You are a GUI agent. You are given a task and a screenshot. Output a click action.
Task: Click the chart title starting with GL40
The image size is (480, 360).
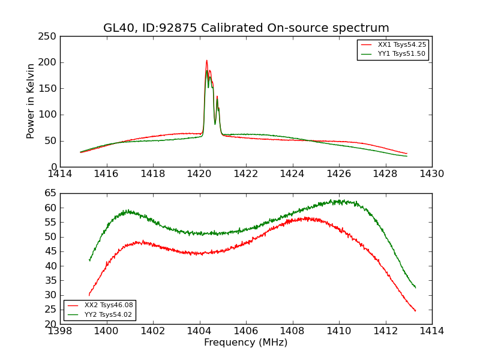pyautogui.click(x=246, y=28)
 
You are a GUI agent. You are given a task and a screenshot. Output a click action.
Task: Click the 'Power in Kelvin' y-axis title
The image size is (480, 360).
pyautogui.click(x=31, y=101)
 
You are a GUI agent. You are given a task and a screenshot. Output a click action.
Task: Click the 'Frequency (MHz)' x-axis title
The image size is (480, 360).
pyautogui.click(x=246, y=343)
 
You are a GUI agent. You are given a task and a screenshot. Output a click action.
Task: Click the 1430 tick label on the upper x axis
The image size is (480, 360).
pyautogui.click(x=432, y=174)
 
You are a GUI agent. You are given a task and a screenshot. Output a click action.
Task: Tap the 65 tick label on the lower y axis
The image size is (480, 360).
pyautogui.click(x=50, y=193)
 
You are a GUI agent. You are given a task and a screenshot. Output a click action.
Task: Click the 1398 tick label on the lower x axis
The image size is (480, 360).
pyautogui.click(x=60, y=331)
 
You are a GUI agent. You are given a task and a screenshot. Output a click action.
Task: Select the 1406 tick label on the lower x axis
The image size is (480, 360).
pyautogui.click(x=246, y=331)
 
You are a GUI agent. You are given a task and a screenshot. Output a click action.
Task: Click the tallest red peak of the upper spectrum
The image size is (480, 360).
pyautogui.click(x=206, y=61)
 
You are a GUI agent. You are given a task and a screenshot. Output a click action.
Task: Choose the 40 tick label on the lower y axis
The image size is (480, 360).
pyautogui.click(x=50, y=266)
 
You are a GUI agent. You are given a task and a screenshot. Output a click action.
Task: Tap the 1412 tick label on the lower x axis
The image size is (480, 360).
pyautogui.click(x=385, y=331)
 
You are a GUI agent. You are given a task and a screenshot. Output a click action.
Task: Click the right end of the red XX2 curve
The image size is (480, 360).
pyautogui.click(x=415, y=311)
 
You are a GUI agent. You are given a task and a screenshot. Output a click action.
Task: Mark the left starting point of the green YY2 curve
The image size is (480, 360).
pyautogui.click(x=89, y=260)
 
